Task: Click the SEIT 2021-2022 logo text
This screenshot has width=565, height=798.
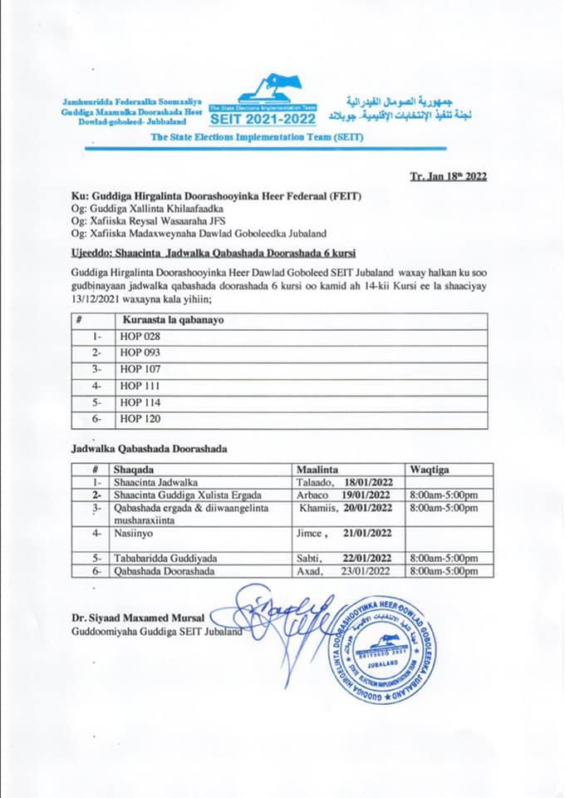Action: pos(263,120)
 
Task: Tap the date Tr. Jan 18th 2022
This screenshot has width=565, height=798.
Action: pos(448,175)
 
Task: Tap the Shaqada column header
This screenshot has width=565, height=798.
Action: pos(138,469)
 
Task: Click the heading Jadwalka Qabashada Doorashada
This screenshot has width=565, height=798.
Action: pos(150,449)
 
